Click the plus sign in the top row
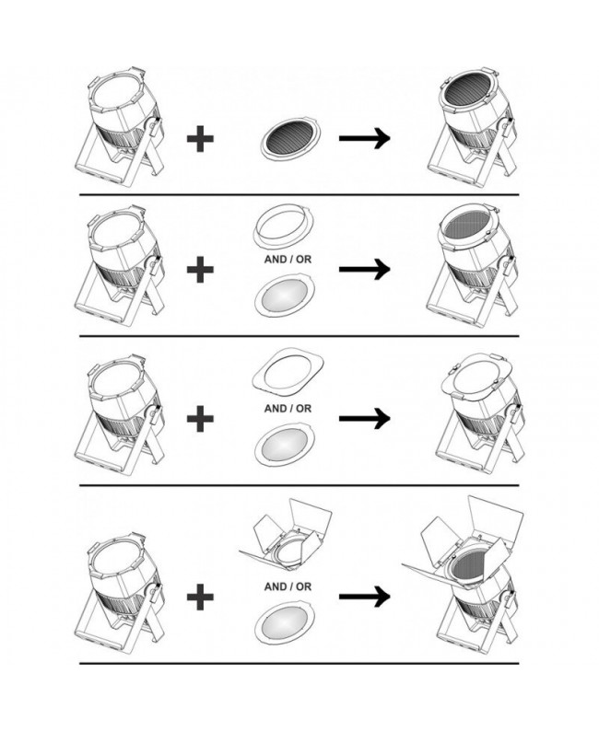click(x=200, y=138)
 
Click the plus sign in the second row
click(x=200, y=269)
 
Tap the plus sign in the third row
click(x=200, y=418)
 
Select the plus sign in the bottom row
click(x=200, y=597)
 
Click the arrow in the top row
click(x=364, y=138)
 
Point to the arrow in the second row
click(x=364, y=269)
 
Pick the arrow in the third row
click(x=364, y=418)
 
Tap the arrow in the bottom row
click(x=364, y=597)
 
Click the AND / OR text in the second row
click(x=288, y=260)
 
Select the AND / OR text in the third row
click(x=288, y=409)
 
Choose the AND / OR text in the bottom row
click(x=288, y=587)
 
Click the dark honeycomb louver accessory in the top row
click(x=291, y=138)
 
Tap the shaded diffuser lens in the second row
click(x=285, y=296)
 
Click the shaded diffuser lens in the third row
click(x=285, y=445)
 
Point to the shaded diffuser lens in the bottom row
click(x=285, y=623)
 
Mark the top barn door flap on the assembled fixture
click(x=496, y=516)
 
